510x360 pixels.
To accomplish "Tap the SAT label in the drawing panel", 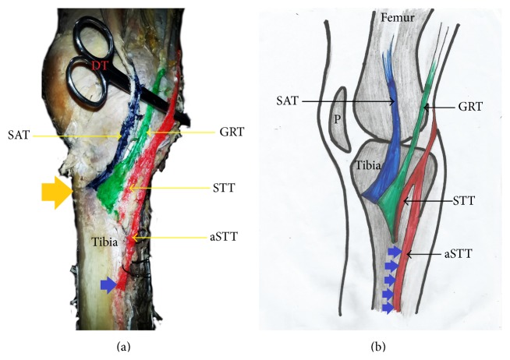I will [x=285, y=101].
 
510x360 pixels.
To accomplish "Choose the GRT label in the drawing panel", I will [x=459, y=106].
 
